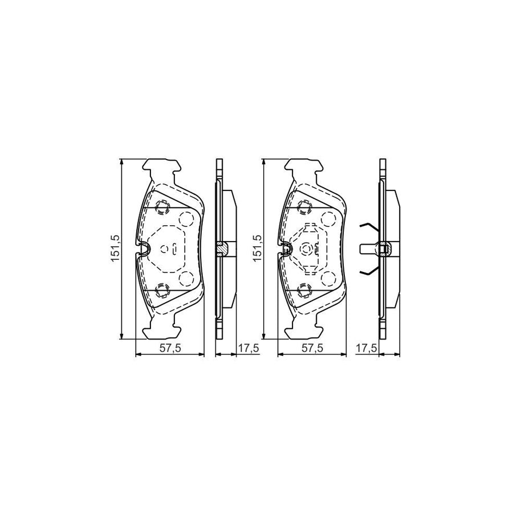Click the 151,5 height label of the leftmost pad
click(x=114, y=249)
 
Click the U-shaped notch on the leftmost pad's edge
click(x=144, y=248)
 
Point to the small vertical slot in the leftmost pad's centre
click(x=174, y=249)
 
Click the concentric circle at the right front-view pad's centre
click(x=308, y=249)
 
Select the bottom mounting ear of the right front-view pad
click(x=305, y=331)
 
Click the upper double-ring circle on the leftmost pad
click(x=162, y=206)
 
